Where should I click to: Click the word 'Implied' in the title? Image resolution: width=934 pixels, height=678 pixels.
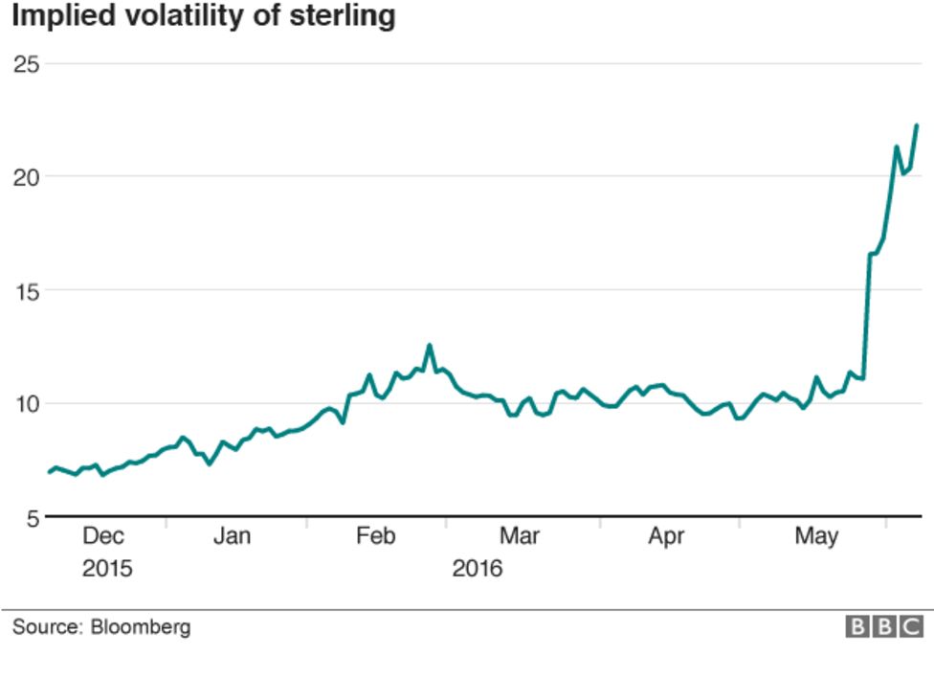(x=58, y=16)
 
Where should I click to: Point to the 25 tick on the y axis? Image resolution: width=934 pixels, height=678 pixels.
(x=26, y=64)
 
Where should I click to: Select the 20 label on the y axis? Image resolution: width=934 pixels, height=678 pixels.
(x=26, y=177)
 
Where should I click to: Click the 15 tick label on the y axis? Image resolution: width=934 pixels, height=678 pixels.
(x=26, y=290)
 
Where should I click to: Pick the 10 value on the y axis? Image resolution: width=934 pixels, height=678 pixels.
(x=26, y=403)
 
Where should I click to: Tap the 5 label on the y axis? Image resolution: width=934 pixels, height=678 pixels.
(x=32, y=517)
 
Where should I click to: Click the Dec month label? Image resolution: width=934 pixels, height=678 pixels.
(x=103, y=536)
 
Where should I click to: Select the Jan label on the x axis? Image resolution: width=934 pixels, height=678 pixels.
(x=232, y=536)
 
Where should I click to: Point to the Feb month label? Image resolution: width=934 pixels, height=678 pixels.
(x=376, y=536)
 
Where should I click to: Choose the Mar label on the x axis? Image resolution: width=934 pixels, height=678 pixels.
(x=518, y=536)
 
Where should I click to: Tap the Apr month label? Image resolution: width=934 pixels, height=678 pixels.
(x=666, y=536)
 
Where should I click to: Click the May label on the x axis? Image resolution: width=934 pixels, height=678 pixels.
(x=816, y=536)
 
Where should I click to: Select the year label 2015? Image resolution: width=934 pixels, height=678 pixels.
(x=107, y=568)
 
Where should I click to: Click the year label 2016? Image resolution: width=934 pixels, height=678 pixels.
(x=477, y=568)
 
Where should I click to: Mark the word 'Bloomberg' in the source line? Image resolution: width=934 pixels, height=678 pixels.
(x=141, y=627)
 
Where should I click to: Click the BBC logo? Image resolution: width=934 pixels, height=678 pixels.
(x=884, y=627)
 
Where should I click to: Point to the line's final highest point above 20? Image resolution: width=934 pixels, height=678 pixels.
(x=916, y=125)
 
